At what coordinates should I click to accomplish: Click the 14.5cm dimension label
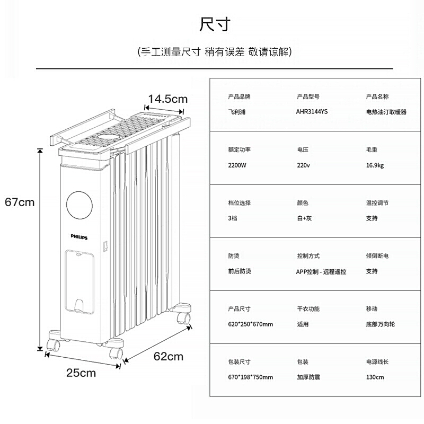(167, 99)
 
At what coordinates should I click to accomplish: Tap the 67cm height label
(20, 202)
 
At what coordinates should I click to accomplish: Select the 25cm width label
(81, 373)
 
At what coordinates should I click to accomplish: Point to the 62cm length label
(169, 356)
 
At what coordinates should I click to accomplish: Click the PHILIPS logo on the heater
(79, 237)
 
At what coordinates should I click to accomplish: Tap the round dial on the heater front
(79, 205)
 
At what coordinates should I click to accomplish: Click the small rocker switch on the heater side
(105, 246)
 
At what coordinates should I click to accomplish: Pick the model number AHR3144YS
(312, 112)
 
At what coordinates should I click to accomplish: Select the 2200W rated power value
(237, 165)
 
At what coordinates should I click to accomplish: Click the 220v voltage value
(303, 165)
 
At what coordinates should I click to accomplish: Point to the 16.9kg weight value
(375, 165)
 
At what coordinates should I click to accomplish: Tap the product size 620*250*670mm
(250, 324)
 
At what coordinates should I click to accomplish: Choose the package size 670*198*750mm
(250, 377)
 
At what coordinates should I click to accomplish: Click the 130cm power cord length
(375, 377)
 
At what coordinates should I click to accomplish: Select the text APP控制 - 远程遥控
(321, 272)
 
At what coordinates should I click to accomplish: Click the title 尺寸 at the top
(215, 24)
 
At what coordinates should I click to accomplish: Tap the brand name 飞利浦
(237, 112)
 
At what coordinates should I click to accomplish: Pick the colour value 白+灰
(304, 218)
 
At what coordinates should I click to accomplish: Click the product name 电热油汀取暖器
(386, 112)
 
